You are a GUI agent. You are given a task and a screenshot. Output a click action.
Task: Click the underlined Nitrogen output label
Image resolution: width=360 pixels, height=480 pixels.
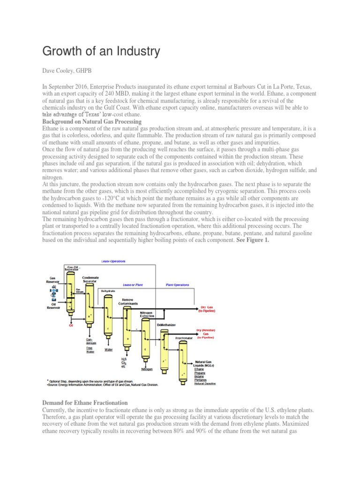click(148, 368)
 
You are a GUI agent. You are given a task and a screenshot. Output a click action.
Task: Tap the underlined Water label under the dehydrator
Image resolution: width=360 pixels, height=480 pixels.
click(108, 349)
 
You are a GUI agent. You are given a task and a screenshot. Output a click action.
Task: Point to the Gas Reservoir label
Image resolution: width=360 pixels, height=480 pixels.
click(52, 280)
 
